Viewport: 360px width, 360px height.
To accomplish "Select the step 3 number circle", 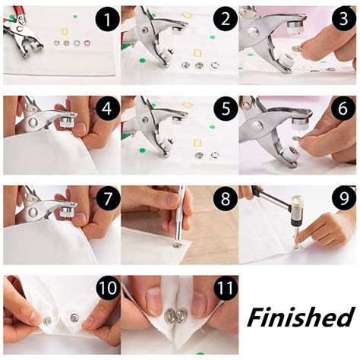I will pos(341,21).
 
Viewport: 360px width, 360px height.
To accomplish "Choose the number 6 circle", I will pos(341,109).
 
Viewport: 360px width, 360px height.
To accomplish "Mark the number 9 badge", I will pos(341,200).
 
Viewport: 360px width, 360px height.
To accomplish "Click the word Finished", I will pos(300,315).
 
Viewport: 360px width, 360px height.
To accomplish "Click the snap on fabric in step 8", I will pos(177,245).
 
